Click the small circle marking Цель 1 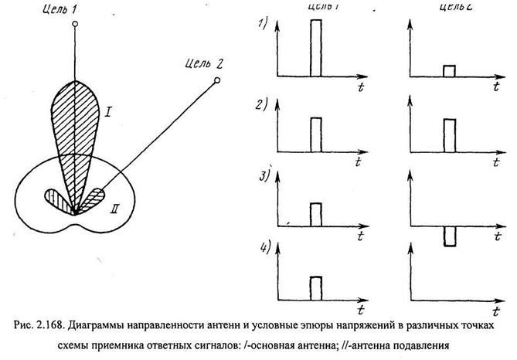74,25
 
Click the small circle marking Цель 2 217,80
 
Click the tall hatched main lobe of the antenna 75,124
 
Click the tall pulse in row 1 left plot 315,48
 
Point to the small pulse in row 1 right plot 449,71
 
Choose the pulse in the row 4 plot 315,287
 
